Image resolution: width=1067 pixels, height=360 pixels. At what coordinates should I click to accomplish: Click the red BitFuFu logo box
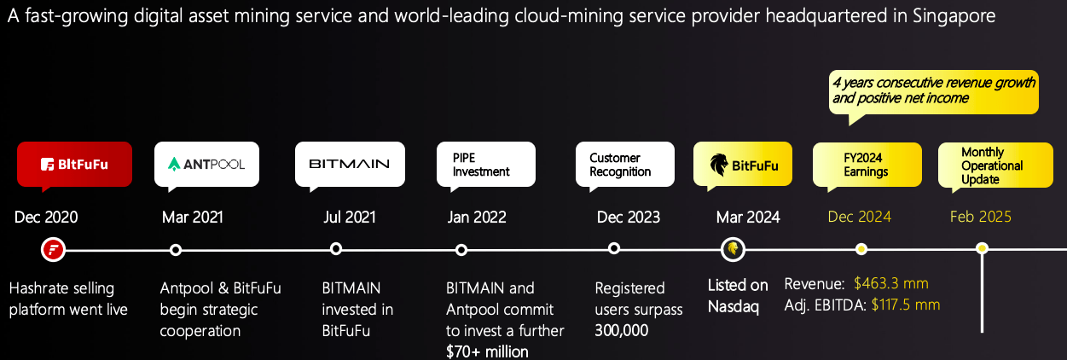point(75,164)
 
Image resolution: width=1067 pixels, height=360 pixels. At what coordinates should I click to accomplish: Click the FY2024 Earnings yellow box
point(867,165)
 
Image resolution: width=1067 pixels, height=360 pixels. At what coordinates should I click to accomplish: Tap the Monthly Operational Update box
point(995,165)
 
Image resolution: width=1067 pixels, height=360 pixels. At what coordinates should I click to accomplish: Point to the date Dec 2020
point(46,217)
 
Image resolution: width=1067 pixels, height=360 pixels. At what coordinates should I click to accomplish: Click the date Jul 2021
point(350,217)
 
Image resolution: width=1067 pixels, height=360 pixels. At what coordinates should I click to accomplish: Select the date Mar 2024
point(748,217)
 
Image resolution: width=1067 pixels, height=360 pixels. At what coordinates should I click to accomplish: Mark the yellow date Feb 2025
point(981,217)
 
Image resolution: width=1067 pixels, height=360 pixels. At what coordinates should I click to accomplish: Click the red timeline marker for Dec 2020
point(53,250)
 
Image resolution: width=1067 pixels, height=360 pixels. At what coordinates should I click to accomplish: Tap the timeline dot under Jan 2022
point(461,250)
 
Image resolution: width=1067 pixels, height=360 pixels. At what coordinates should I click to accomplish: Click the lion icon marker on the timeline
point(734,249)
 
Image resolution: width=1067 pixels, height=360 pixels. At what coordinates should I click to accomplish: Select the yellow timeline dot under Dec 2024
point(861,249)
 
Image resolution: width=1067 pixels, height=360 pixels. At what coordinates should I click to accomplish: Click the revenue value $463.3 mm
point(890,283)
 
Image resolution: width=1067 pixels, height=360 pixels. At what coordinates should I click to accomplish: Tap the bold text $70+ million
point(487,351)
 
